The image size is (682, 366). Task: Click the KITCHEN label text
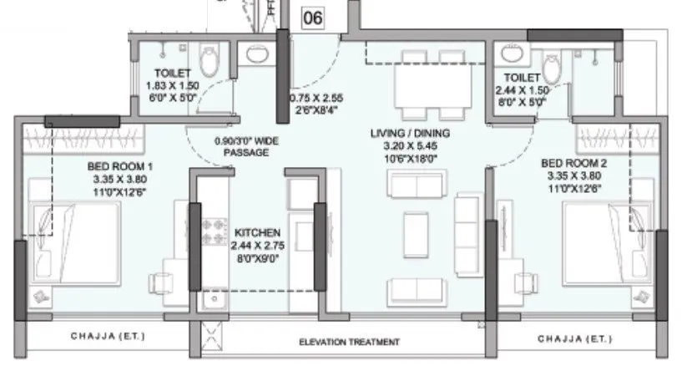256,231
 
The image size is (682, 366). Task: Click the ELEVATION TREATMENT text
350,342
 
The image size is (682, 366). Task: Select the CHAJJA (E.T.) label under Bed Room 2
574,338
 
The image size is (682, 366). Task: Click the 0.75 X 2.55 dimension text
316,98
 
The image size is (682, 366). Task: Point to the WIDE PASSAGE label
245,147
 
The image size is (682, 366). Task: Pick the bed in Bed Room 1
76,242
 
